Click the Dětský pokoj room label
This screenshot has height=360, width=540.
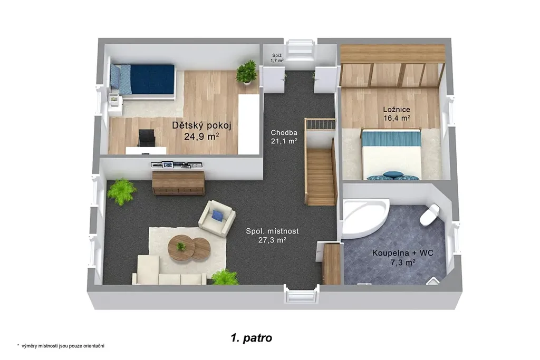201,125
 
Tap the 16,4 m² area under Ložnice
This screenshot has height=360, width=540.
397,118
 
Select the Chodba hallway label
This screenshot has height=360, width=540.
284,132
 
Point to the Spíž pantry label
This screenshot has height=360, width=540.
277,55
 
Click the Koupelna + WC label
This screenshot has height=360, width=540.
402,253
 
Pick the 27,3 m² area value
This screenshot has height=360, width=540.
272,240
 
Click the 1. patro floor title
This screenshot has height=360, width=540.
252,338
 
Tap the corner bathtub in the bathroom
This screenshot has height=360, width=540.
365,218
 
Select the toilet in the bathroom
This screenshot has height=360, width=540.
430,215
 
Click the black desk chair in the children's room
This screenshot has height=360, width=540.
147,138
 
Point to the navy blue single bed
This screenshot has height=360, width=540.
142,80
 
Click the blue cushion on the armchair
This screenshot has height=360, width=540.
217,216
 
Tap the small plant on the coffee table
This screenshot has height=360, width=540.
180,247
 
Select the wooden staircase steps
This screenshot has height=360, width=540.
320,177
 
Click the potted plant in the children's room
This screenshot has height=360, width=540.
247,72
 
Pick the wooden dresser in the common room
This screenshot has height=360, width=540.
178,183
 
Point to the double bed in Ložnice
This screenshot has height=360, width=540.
391,154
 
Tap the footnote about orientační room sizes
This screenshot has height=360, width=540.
61,346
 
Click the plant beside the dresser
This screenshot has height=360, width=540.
122,191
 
